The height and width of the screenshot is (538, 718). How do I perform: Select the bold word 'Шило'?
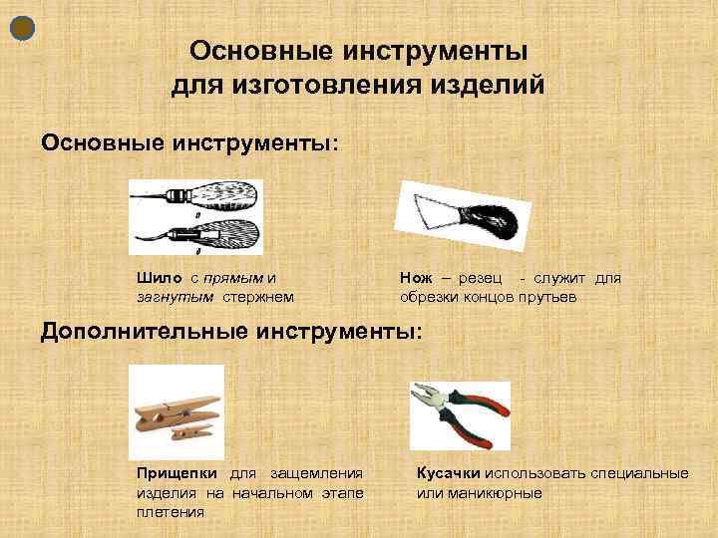[x=156, y=279]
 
